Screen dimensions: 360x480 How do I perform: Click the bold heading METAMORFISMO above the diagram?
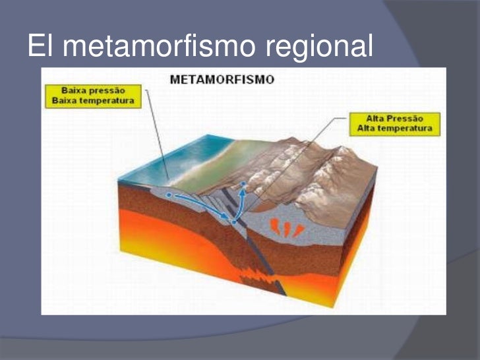(x=222, y=80)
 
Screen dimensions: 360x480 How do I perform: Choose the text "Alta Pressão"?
(x=394, y=118)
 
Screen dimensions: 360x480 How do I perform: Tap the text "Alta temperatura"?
(x=394, y=129)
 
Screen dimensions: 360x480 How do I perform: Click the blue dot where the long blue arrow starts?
(x=169, y=195)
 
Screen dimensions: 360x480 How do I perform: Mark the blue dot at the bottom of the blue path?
(x=233, y=222)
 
